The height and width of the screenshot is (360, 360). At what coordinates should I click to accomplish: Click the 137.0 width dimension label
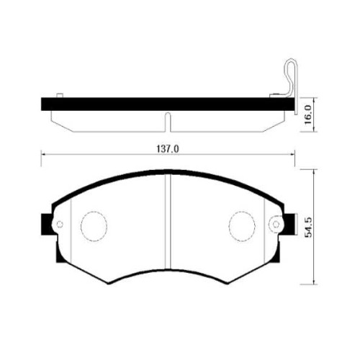[168, 149]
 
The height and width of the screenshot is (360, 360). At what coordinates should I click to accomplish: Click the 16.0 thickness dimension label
[307, 114]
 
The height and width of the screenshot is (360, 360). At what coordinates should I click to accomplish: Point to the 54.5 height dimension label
[308, 228]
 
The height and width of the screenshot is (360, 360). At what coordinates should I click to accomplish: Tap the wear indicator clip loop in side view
[291, 77]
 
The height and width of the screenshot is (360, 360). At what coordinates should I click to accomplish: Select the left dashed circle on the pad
[94, 226]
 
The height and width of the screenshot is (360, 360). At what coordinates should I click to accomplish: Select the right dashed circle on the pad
[242, 226]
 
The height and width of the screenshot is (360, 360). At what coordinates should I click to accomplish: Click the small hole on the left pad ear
[60, 225]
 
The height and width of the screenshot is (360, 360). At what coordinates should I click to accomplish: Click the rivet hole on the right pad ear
[276, 225]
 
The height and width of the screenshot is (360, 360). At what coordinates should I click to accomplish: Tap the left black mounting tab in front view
[47, 225]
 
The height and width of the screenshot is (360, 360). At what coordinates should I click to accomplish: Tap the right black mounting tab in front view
[289, 225]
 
